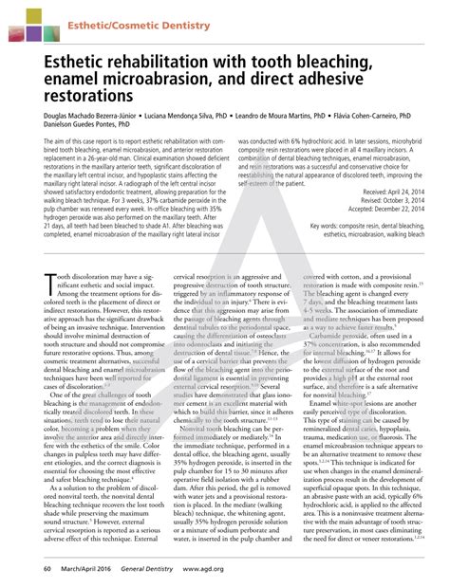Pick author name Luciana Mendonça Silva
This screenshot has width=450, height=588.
click(x=194, y=122)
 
